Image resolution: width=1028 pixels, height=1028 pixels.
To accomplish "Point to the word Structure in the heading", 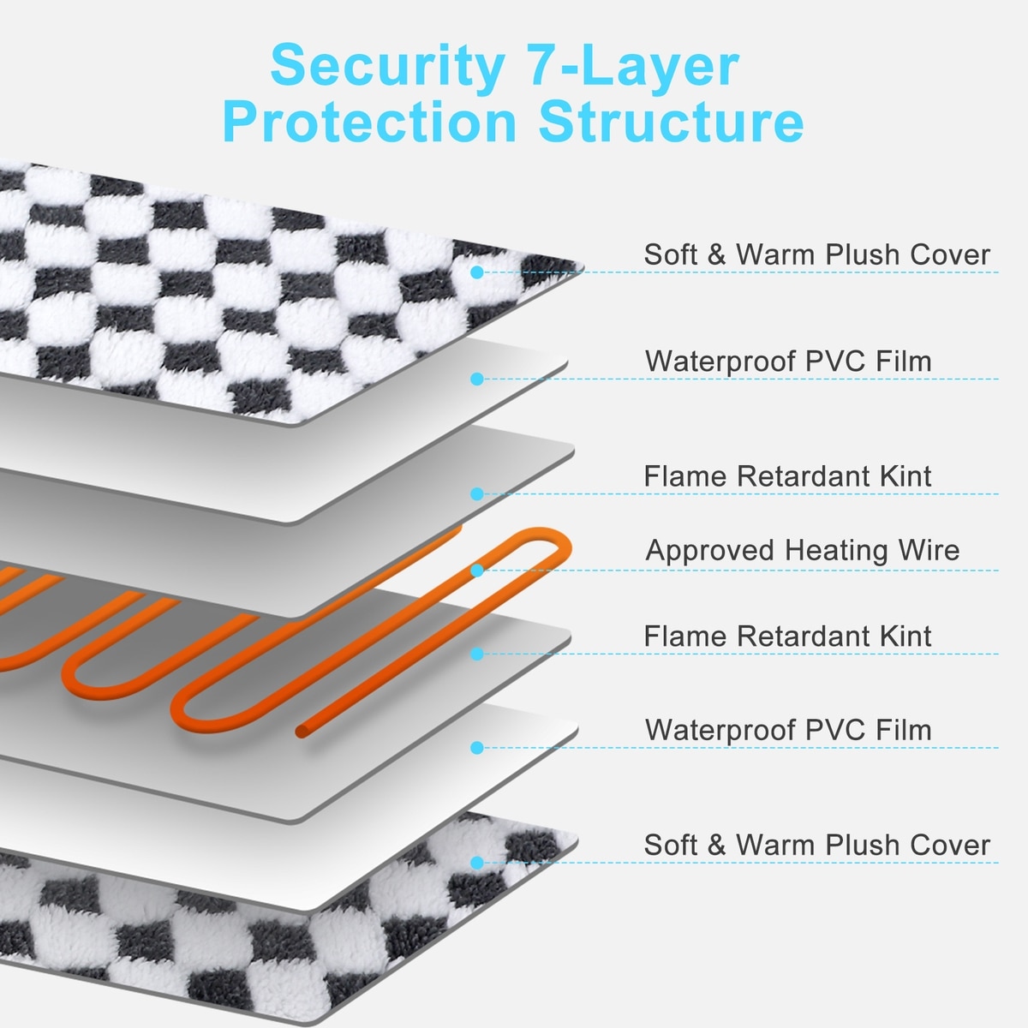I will click(671, 122).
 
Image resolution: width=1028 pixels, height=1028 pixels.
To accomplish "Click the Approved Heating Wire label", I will click(803, 550).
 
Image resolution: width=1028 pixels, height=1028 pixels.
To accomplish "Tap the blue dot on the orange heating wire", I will click(477, 570).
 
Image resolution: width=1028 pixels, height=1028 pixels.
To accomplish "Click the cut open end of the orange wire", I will click(301, 731).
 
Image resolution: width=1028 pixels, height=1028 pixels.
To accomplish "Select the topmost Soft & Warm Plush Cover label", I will click(816, 254).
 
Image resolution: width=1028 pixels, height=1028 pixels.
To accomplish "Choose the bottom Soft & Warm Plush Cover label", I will click(816, 845).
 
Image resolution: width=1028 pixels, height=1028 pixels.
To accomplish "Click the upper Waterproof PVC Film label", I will click(788, 361).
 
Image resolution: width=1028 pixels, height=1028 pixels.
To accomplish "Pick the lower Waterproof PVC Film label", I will click(788, 730).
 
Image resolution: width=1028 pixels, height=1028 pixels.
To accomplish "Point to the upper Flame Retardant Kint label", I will click(787, 475).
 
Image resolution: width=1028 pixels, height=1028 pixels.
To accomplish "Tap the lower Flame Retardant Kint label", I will click(787, 636).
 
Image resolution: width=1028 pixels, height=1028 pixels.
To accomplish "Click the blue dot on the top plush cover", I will click(477, 272).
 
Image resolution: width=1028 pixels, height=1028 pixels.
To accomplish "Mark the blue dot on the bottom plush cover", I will click(477, 863).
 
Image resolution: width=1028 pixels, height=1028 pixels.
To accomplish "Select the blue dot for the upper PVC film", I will click(477, 379).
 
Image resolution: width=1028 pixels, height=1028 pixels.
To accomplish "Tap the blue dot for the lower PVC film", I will click(477, 748).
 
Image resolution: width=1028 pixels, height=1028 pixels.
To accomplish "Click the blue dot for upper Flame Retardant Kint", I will click(477, 493).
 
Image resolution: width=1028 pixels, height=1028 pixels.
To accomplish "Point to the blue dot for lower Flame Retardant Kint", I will click(477, 654).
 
